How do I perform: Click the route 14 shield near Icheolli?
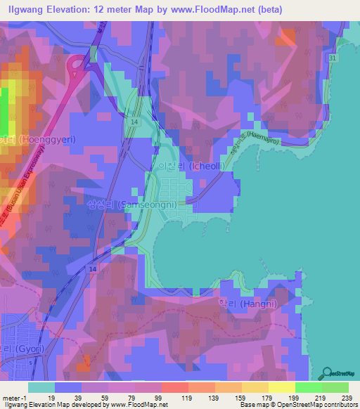133,122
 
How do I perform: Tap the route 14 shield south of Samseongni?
92,269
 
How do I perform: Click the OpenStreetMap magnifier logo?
327,372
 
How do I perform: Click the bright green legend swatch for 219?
309,387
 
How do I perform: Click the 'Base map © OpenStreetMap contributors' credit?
297,405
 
